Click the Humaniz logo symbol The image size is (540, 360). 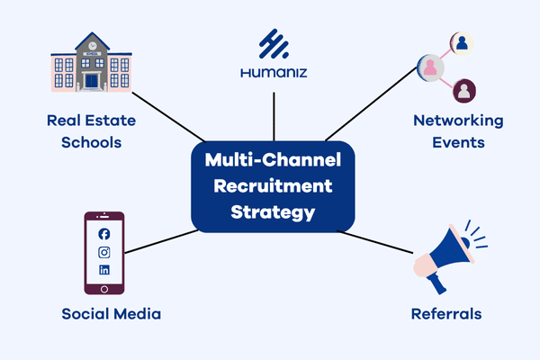click(x=273, y=44)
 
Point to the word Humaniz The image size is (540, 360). click(x=273, y=71)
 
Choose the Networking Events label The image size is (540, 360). click(x=457, y=130)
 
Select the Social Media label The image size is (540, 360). click(x=112, y=314)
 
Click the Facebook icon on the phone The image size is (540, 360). click(x=104, y=235)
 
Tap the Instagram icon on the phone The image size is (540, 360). click(x=104, y=252)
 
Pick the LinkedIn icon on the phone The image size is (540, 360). click(x=104, y=269)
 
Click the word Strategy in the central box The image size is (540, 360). click(x=273, y=213)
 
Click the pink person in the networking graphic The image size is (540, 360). click(x=429, y=67)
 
